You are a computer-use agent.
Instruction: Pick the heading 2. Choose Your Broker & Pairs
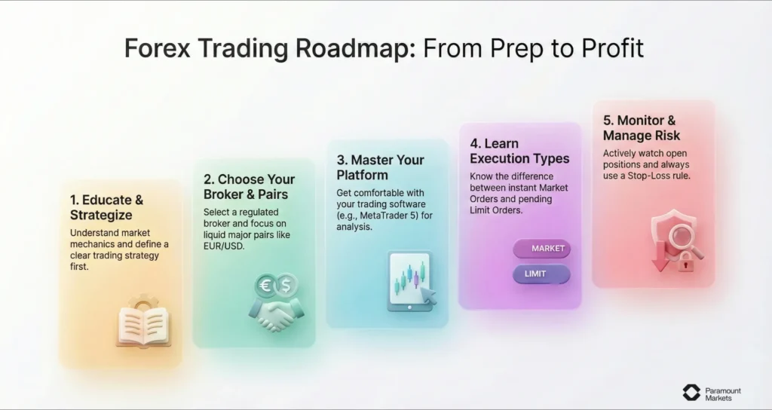pyautogui.click(x=248, y=187)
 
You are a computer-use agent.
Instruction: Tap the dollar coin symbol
pyautogui.click(x=286, y=284)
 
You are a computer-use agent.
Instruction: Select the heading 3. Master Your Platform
pyautogui.click(x=380, y=167)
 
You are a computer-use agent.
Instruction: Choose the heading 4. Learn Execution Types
pyautogui.click(x=519, y=151)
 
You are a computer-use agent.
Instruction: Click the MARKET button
pyautogui.click(x=541, y=249)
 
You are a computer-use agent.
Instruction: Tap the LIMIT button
pyautogui.click(x=541, y=274)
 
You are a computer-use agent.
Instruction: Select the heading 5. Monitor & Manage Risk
pyautogui.click(x=642, y=127)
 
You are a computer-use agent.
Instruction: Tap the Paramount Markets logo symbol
pyautogui.click(x=691, y=392)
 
